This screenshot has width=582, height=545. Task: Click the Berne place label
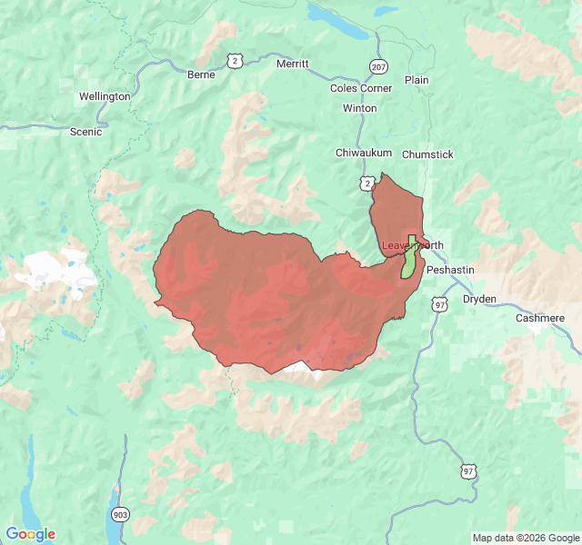tap(200, 74)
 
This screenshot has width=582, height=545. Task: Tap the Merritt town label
tap(293, 64)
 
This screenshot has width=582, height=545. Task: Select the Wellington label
tap(105, 96)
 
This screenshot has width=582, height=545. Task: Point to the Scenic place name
tap(86, 132)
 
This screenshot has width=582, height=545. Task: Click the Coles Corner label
tap(362, 88)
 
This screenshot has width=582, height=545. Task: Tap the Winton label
tap(359, 108)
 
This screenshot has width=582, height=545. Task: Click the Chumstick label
tap(427, 154)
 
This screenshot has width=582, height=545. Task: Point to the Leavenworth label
tap(412, 245)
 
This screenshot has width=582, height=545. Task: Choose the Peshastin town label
tap(450, 270)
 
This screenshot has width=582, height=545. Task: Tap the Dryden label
tap(479, 298)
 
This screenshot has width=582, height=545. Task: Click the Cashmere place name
tap(540, 318)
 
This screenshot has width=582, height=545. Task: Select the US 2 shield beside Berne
tap(236, 60)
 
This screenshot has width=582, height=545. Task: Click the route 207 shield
tap(378, 66)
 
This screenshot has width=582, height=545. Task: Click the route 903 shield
tap(120, 515)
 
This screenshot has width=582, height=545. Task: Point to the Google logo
tap(30, 534)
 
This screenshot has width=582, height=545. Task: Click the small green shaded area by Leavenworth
tap(409, 260)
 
